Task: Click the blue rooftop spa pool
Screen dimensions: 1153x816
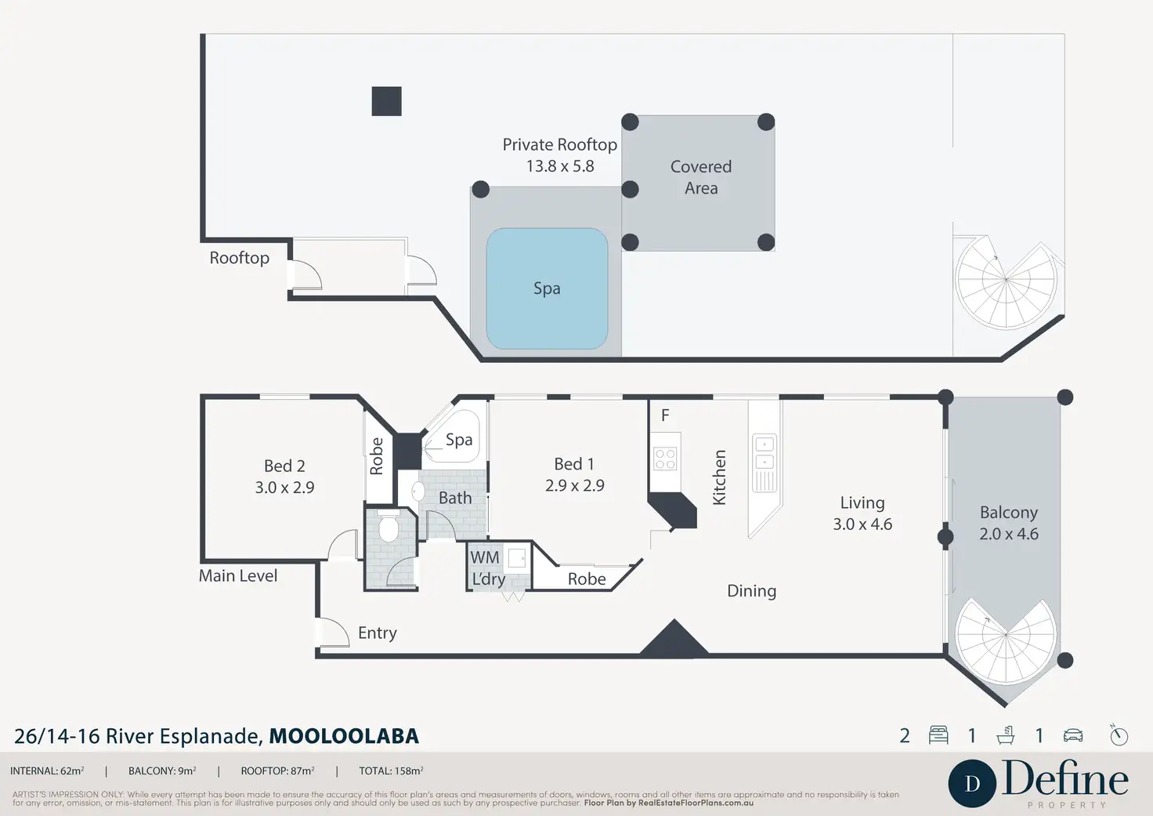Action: click(547, 288)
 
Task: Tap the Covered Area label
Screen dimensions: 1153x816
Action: click(700, 177)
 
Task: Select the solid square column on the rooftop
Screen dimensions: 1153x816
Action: click(387, 101)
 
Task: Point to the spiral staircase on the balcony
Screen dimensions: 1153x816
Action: click(1006, 640)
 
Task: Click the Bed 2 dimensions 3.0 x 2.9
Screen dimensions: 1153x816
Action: click(284, 488)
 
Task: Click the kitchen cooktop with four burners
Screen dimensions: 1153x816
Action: click(664, 459)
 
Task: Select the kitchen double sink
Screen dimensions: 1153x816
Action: click(764, 452)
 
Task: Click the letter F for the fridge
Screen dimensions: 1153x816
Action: click(665, 415)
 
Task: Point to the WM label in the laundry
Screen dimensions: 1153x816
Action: click(484, 557)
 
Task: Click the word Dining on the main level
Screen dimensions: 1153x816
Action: click(751, 591)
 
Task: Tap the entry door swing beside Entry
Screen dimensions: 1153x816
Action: click(333, 632)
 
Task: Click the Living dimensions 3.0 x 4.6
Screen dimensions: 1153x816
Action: click(862, 524)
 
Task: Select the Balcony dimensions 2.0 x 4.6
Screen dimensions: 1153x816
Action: click(1009, 534)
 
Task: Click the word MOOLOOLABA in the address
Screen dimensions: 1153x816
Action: click(345, 736)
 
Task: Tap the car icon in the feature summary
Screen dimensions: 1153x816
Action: click(1073, 735)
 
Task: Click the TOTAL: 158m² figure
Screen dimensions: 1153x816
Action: click(391, 771)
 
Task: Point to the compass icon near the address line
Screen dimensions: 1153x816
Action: click(1119, 735)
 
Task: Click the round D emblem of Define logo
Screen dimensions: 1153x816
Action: click(972, 784)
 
